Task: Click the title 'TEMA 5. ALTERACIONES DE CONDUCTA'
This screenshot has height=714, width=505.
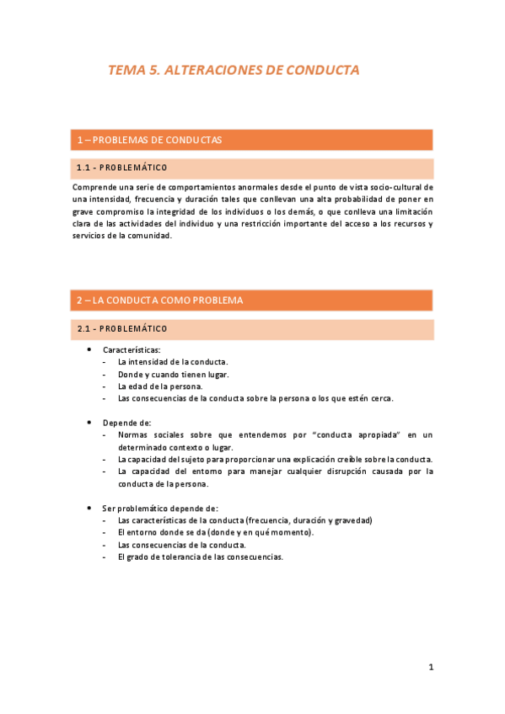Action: (x=234, y=71)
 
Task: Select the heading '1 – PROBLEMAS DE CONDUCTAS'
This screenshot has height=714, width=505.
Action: (x=149, y=140)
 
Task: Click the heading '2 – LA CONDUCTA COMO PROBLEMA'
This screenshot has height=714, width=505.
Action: (x=159, y=301)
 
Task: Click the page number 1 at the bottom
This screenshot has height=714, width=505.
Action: (x=431, y=668)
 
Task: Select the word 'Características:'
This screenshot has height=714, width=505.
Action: (x=132, y=349)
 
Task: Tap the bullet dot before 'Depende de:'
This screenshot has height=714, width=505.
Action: (x=89, y=422)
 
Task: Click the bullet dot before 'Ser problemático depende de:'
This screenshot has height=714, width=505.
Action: (x=89, y=508)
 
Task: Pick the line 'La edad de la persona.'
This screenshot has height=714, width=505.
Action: (x=160, y=386)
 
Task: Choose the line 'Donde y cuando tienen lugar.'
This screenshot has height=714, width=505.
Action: (x=173, y=374)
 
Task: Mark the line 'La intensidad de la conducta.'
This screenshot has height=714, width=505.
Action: (x=173, y=361)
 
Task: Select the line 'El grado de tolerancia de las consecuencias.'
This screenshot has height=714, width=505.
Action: (x=201, y=557)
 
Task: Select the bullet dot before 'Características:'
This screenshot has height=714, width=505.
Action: (x=89, y=349)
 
